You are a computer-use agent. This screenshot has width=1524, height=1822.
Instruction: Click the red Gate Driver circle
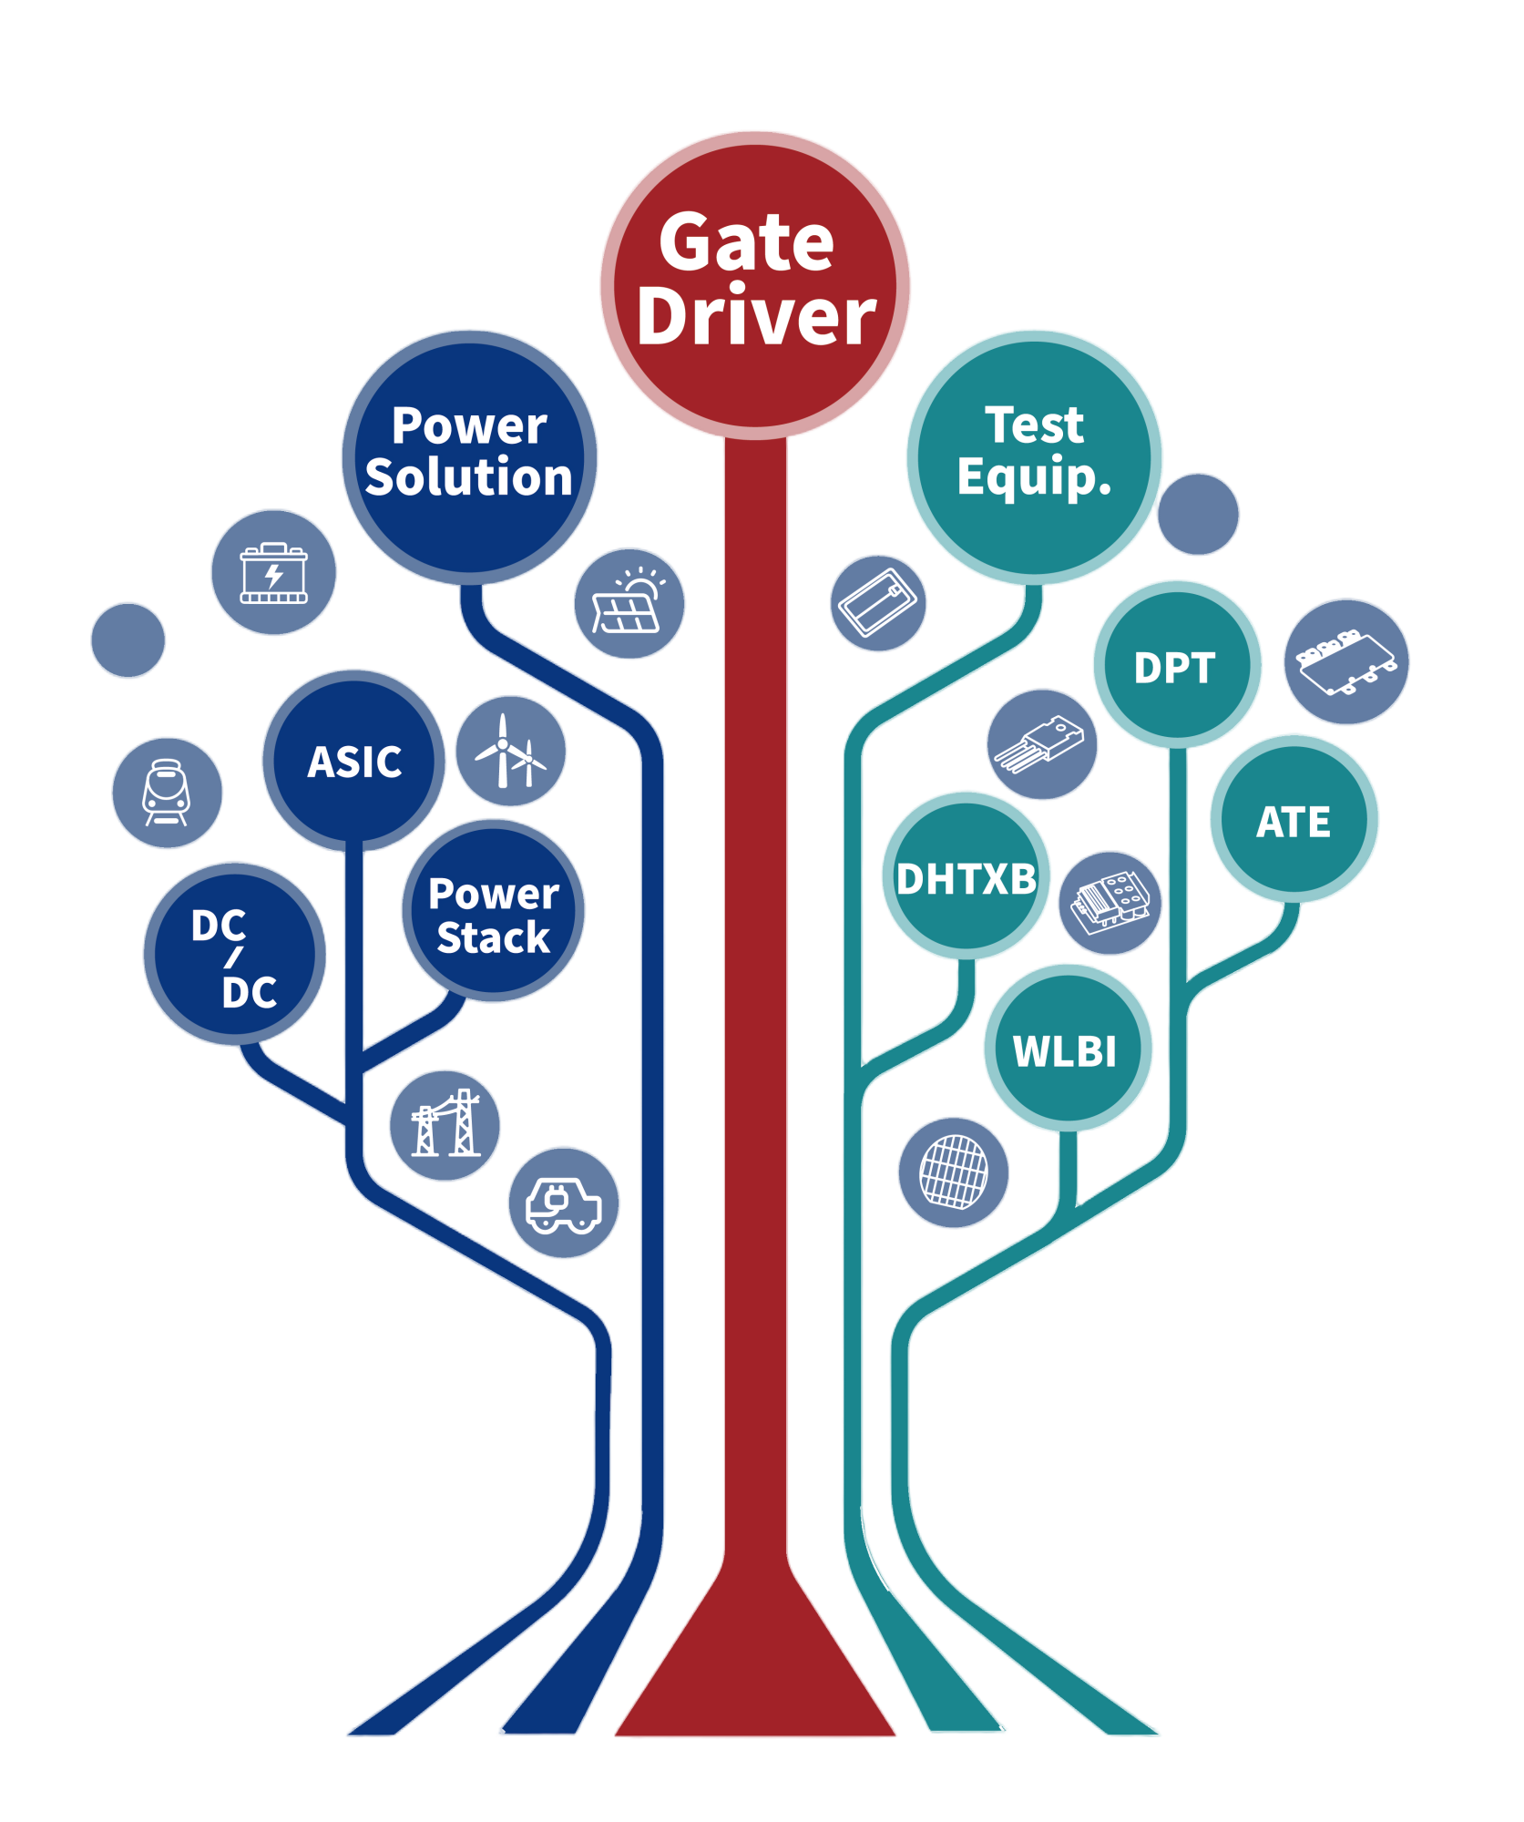coord(755,283)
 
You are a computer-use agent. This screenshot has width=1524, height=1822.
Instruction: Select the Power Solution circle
coord(469,456)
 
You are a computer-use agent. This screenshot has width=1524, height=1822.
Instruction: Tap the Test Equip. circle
coord(1034,455)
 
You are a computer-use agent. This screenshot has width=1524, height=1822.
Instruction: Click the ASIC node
coord(354,760)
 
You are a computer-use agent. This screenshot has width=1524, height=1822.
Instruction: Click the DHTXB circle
coord(967,876)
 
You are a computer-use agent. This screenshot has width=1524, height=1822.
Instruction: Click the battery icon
coord(273,573)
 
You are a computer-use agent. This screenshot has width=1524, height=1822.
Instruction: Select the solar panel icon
coord(629,603)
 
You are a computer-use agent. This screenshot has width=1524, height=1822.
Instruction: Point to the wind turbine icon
coord(511,752)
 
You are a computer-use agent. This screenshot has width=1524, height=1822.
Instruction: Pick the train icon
coord(167,793)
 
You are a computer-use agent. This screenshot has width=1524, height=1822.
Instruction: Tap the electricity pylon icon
coord(445,1125)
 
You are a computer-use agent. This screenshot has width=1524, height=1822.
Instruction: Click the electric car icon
coord(563,1203)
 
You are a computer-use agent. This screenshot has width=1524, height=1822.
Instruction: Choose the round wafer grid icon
coord(954,1172)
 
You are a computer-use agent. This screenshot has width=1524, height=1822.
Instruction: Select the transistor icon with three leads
coord(1042,744)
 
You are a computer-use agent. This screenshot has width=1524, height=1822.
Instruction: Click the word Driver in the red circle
coord(756,317)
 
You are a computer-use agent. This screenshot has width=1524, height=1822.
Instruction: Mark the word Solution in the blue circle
coord(469,477)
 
